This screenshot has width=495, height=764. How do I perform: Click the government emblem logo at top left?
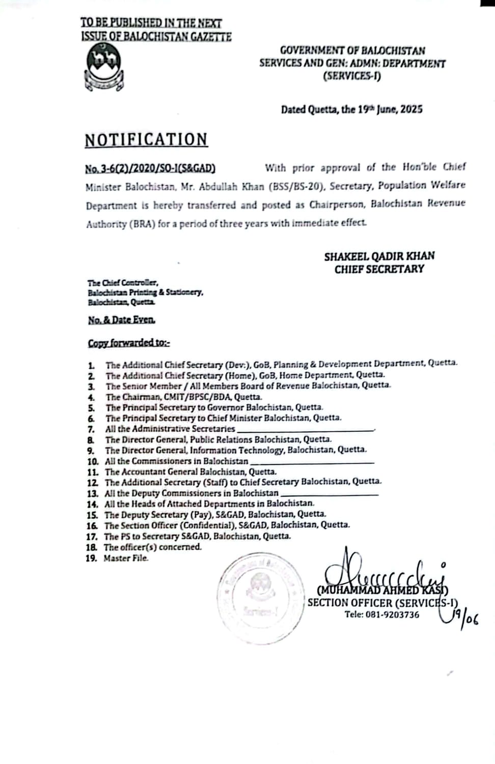[x=104, y=67]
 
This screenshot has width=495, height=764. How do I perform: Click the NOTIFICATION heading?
[x=146, y=140]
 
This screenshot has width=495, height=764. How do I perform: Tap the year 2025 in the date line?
[x=411, y=109]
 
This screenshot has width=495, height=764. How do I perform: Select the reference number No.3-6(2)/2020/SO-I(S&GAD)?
[x=150, y=168]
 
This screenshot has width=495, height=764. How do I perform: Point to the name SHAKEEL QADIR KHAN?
[x=379, y=256]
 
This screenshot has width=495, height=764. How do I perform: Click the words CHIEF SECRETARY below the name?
[x=379, y=269]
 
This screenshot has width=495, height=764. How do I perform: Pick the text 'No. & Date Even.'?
[x=121, y=320]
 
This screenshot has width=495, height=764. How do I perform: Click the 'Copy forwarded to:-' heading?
[x=129, y=343]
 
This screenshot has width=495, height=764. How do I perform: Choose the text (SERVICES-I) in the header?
[x=352, y=76]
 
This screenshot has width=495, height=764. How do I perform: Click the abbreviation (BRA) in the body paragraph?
[x=141, y=224]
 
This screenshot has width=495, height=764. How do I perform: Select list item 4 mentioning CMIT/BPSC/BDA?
[x=183, y=397]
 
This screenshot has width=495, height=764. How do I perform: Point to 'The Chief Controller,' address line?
[x=122, y=283]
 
